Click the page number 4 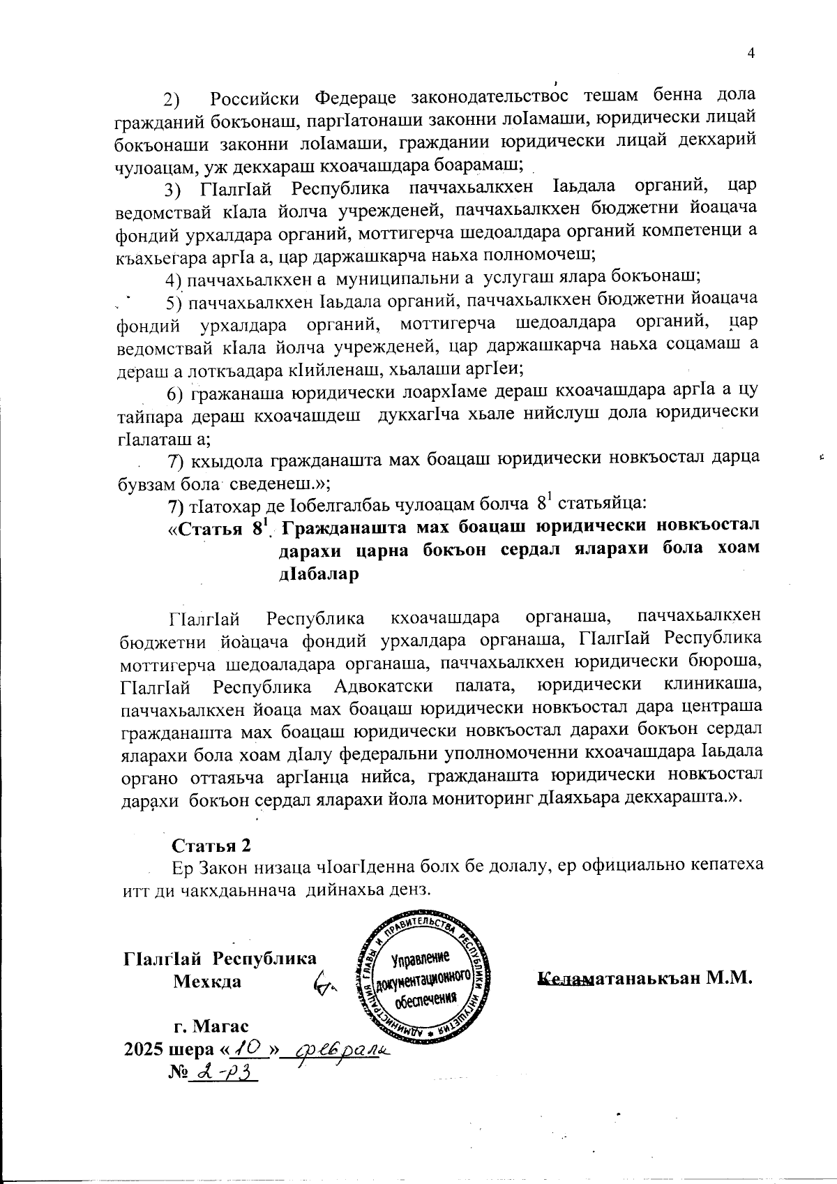(x=751, y=54)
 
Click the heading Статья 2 (x=211, y=845)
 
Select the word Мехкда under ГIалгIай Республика (x=207, y=981)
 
